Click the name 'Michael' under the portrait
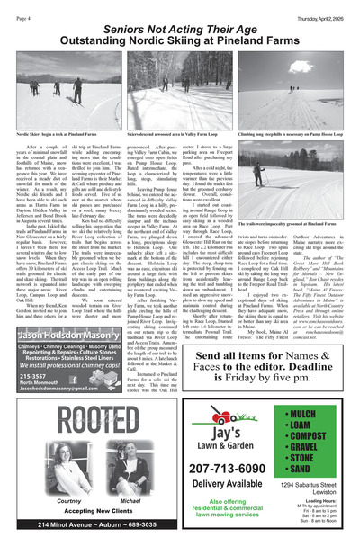point(130,501)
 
